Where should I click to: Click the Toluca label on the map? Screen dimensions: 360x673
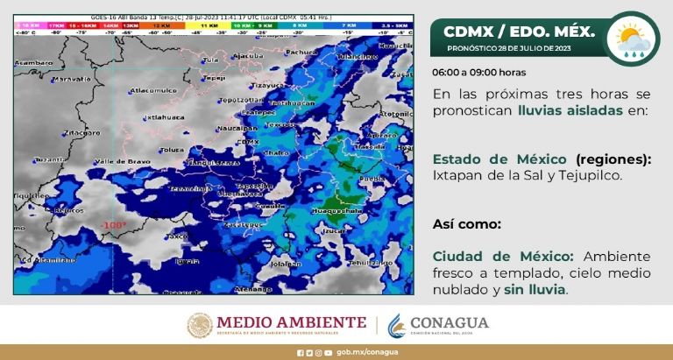click(x=172, y=150)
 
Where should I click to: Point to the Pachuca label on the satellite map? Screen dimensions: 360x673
click(x=301, y=53)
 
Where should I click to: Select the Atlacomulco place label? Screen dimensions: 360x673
click(x=152, y=90)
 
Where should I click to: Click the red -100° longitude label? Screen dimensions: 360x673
click(x=113, y=225)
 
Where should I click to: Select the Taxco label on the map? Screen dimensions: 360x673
click(x=178, y=236)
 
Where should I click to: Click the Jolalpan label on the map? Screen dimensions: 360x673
click(x=285, y=263)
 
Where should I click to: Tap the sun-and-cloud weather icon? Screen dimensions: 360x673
click(x=633, y=39)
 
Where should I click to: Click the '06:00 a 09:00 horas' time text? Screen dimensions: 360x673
click(x=478, y=73)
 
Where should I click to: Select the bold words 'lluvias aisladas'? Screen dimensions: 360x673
click(x=570, y=110)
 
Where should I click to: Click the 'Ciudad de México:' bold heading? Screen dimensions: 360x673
click(x=503, y=256)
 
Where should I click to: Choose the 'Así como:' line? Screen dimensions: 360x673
click(x=466, y=223)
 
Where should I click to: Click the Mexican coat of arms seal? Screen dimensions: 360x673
click(x=200, y=325)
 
